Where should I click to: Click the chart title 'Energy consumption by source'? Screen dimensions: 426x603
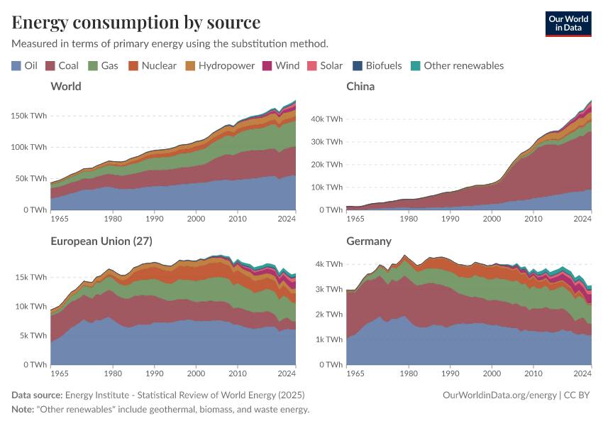pos(136,22)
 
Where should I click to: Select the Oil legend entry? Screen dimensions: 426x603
pos(25,65)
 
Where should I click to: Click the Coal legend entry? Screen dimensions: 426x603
pos(62,65)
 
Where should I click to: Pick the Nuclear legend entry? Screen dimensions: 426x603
pos(152,65)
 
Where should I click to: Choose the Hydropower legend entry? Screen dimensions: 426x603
pos(219,65)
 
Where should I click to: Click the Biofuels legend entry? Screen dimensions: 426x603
pos(377,65)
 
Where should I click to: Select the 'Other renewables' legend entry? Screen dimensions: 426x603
pos(456,65)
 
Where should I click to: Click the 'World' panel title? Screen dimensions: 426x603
pos(66,87)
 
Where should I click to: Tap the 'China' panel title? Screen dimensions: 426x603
pos(360,87)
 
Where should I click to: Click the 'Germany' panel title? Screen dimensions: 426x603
pos(369,241)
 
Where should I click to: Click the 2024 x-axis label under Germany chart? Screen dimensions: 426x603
pos(582,373)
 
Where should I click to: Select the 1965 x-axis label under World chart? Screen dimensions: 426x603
pos(61,218)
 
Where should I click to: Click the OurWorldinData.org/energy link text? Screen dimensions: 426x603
pos(499,395)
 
